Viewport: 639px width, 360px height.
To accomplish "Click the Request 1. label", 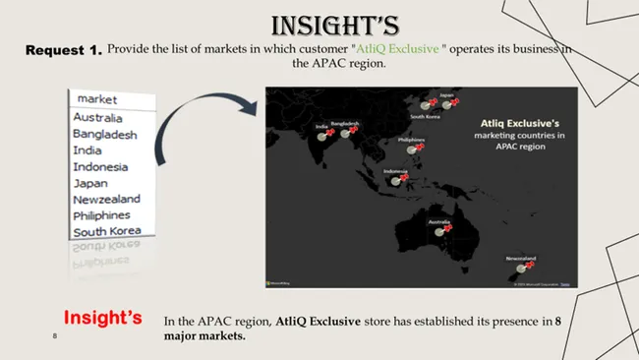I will [63, 51].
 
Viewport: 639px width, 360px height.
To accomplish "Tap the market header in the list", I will [97, 99].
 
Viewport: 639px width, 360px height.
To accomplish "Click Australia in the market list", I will [98, 118].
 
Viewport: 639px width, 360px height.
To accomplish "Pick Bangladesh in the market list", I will [105, 135].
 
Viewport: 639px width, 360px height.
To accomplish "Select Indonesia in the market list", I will [99, 166].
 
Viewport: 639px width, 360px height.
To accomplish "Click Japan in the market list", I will [90, 183].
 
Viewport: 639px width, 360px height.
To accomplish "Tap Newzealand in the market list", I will [106, 199].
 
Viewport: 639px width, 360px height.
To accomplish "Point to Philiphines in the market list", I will [101, 214].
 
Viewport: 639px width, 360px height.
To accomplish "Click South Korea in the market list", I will [106, 231].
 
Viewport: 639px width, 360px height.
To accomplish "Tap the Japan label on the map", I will [446, 95].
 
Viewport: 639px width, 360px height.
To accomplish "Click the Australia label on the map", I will [439, 221].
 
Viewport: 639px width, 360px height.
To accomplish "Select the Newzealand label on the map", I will [521, 258].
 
